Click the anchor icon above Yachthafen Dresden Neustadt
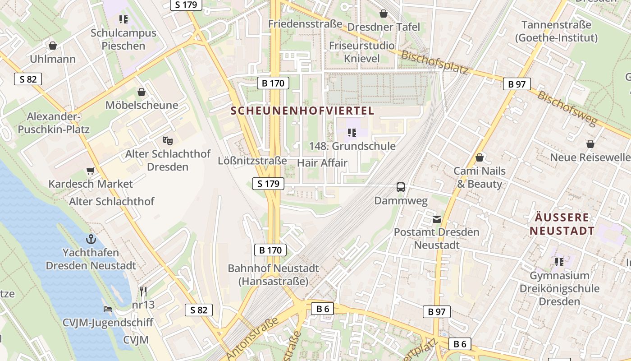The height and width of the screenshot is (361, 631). [91, 239]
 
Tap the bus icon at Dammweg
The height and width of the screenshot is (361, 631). [400, 187]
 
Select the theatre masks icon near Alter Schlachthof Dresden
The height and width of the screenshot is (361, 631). [168, 140]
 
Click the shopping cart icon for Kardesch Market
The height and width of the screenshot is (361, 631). [91, 171]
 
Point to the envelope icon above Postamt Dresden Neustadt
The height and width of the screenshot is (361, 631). [436, 219]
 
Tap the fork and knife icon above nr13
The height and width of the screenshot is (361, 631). [143, 291]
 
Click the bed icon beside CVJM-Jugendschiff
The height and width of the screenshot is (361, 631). [108, 309]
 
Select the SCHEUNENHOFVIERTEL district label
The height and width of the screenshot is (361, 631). [302, 111]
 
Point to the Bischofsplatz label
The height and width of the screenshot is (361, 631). [434, 62]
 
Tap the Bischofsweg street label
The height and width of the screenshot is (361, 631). [567, 109]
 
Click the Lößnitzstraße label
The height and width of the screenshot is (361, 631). [252, 161]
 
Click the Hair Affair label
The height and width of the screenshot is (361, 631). [322, 163]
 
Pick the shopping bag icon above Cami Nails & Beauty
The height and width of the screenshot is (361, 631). [480, 157]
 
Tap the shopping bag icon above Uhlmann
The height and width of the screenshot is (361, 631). [53, 46]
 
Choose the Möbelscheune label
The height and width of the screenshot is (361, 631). [142, 105]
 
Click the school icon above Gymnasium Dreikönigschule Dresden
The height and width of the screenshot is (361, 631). [559, 262]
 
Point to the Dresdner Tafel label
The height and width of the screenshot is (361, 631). [384, 27]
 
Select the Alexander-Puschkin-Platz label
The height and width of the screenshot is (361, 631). [54, 123]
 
